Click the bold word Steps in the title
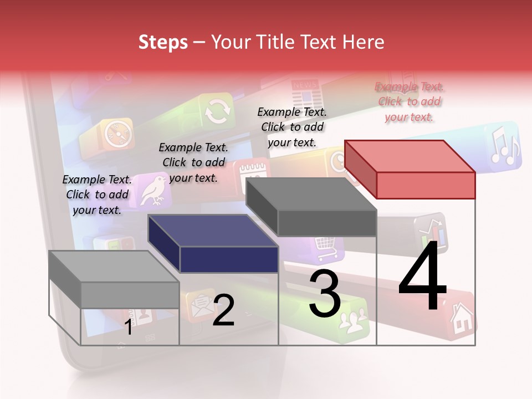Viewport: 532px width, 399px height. click(163, 42)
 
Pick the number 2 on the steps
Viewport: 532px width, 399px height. click(223, 310)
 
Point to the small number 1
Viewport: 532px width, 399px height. click(128, 327)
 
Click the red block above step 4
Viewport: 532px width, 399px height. click(410, 169)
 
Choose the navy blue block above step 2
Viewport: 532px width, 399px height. click(213, 244)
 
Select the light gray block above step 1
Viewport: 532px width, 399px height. click(114, 280)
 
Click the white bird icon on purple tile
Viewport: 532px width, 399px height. click(152, 189)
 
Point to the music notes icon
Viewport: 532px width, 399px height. click(504, 146)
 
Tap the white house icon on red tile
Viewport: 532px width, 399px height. click(462, 318)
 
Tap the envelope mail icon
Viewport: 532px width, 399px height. click(199, 305)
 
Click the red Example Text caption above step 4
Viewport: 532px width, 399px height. click(409, 101)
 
